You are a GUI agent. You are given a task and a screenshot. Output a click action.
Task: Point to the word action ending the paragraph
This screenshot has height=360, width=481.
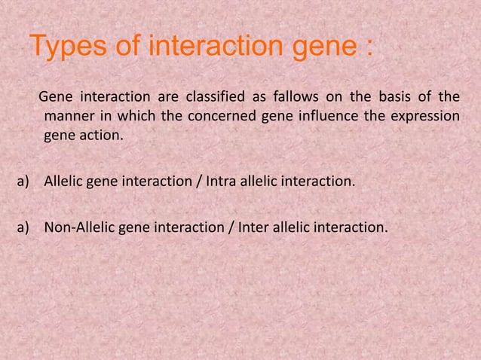click(x=99, y=138)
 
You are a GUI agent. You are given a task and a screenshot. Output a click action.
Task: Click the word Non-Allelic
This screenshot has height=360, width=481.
click(x=79, y=224)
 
